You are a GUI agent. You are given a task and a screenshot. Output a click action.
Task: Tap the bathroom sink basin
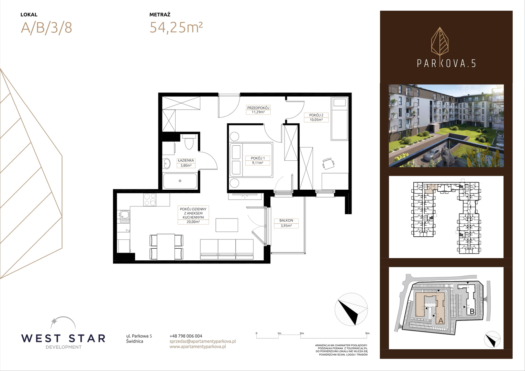[x=167, y=164]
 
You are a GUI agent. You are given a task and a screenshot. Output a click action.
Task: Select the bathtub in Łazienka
[x=180, y=181]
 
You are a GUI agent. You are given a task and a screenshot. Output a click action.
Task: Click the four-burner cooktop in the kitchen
[x=150, y=200]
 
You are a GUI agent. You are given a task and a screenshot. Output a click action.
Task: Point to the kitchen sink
[x=124, y=216]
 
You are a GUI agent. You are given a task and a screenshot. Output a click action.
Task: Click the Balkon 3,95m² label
[x=286, y=223]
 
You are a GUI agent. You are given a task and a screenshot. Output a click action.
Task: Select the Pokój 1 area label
[x=258, y=160]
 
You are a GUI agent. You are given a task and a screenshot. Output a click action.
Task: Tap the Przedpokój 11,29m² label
[x=258, y=110]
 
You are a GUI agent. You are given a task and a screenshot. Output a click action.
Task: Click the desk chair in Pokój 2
[x=328, y=164]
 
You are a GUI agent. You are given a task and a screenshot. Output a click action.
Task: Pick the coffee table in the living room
[x=227, y=225]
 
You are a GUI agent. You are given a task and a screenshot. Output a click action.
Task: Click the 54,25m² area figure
[x=176, y=27]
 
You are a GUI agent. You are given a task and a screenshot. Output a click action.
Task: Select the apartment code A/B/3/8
[x=46, y=28]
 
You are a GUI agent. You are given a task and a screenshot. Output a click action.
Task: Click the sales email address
[x=203, y=341]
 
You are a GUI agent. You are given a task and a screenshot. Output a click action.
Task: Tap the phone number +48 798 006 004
[x=186, y=336]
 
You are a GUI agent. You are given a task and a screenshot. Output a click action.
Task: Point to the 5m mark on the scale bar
[x=367, y=333]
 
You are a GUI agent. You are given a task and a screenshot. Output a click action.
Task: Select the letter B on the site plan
[x=472, y=312]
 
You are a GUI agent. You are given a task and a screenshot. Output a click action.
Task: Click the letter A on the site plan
[x=440, y=321]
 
